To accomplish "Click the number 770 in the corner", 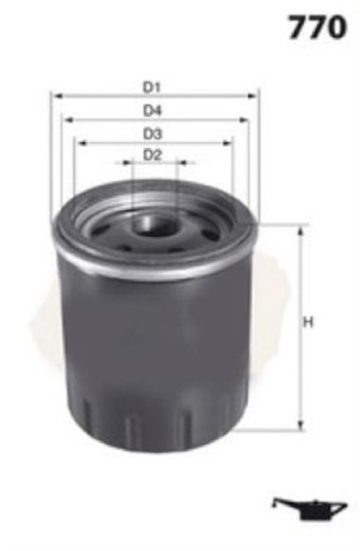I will point(318,28).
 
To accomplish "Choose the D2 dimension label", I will point(153,155).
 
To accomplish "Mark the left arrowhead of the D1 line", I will point(55,96).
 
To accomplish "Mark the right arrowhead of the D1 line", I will point(255,96).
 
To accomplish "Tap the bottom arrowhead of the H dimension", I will point(301,426).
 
